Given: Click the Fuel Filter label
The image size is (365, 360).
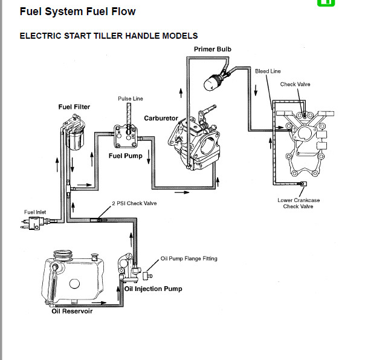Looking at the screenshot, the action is [x=74, y=107].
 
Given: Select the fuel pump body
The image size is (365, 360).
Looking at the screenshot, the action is [x=126, y=136].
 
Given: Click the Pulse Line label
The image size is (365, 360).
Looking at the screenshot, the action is [x=131, y=99].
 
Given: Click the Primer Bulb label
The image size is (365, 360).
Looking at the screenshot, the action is [x=213, y=49].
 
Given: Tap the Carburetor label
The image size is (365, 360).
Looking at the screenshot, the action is [x=161, y=119].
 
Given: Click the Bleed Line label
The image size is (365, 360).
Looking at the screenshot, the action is [x=268, y=71].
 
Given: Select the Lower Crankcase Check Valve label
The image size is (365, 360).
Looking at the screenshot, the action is [x=299, y=203].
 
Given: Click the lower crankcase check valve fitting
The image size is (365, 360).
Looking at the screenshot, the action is [x=303, y=184].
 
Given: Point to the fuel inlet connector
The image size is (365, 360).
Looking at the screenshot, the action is [x=34, y=223].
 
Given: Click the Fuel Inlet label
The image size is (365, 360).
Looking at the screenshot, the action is [x=35, y=212].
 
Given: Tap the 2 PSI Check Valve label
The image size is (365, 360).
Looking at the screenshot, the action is [x=134, y=203].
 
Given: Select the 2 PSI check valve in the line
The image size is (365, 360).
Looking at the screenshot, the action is [x=99, y=220].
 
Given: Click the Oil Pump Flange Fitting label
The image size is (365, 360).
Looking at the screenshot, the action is [x=189, y=258].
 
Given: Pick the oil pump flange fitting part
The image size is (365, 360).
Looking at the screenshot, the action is [x=147, y=275].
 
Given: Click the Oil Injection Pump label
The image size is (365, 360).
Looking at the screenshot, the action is [x=153, y=289].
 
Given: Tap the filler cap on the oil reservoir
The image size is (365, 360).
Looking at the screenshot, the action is [x=63, y=255].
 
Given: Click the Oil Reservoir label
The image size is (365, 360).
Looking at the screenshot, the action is [x=72, y=311].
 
